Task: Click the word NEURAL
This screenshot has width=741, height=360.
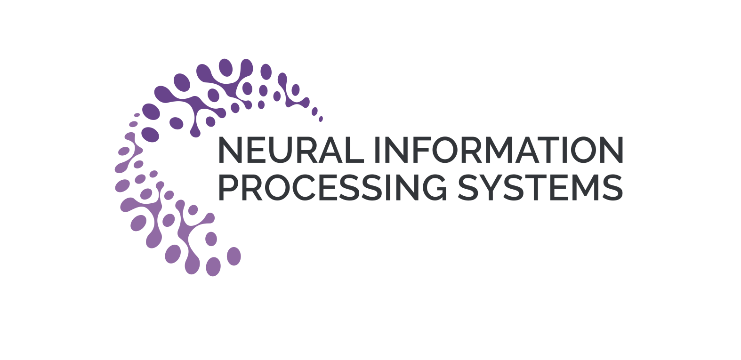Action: coord(291,150)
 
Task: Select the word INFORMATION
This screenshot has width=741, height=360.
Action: coord(499,150)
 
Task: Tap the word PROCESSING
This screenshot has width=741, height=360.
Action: coord(332,188)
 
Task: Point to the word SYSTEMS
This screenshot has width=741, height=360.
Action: coord(540,188)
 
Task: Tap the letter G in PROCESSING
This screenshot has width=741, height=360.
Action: coord(434,188)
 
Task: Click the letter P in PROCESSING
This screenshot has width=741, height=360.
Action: coord(229,188)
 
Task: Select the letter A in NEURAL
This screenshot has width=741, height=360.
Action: coord(332,150)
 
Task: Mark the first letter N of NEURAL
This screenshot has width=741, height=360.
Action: coord(230,150)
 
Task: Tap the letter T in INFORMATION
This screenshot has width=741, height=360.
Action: coord(548,150)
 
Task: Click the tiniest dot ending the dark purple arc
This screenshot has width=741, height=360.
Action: coord(321,119)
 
